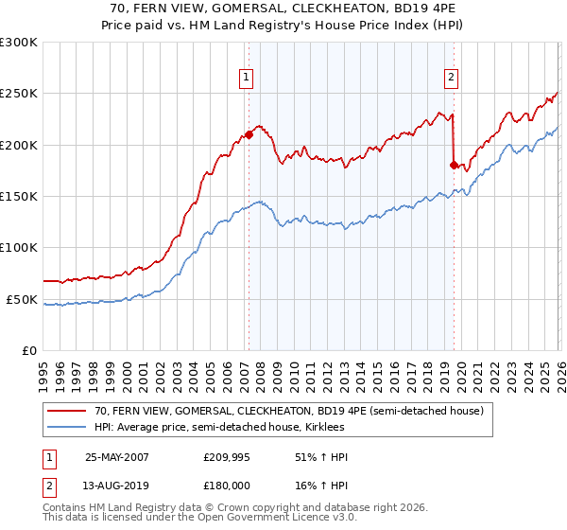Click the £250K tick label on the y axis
coord(19,94)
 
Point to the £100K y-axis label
coord(19,247)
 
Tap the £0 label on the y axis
coord(29,350)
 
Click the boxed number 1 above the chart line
coord(247,78)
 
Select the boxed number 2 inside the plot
coord(451,78)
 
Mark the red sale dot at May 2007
coord(249,134)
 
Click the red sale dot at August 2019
coord(454,165)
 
